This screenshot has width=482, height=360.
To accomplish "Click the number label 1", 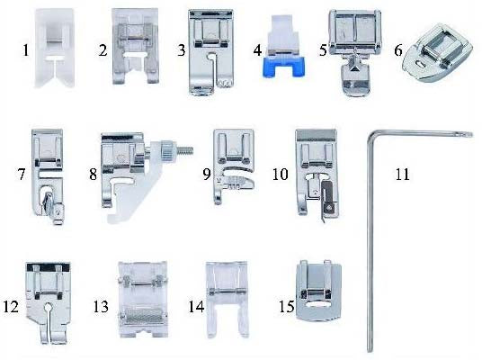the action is point(26,50).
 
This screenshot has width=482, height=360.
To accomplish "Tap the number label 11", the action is point(402,175).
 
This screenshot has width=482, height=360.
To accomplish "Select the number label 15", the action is point(286,307).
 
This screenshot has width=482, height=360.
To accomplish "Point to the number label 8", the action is point(94,175).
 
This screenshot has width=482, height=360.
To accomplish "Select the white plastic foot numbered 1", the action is point(55,48).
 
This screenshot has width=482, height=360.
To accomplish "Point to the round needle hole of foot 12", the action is point(48,307).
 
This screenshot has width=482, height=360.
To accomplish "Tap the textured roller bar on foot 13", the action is point(143,315).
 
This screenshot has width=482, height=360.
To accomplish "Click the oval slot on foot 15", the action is point(317,304).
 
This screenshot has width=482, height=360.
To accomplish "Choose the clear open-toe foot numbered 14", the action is point(227,299).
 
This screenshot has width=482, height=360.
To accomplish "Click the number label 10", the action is point(281,175).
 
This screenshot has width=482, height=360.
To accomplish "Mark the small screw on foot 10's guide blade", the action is point(330,208).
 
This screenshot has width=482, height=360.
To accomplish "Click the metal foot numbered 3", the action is point(211,51).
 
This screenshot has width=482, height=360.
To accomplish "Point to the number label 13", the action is point(101,307).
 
